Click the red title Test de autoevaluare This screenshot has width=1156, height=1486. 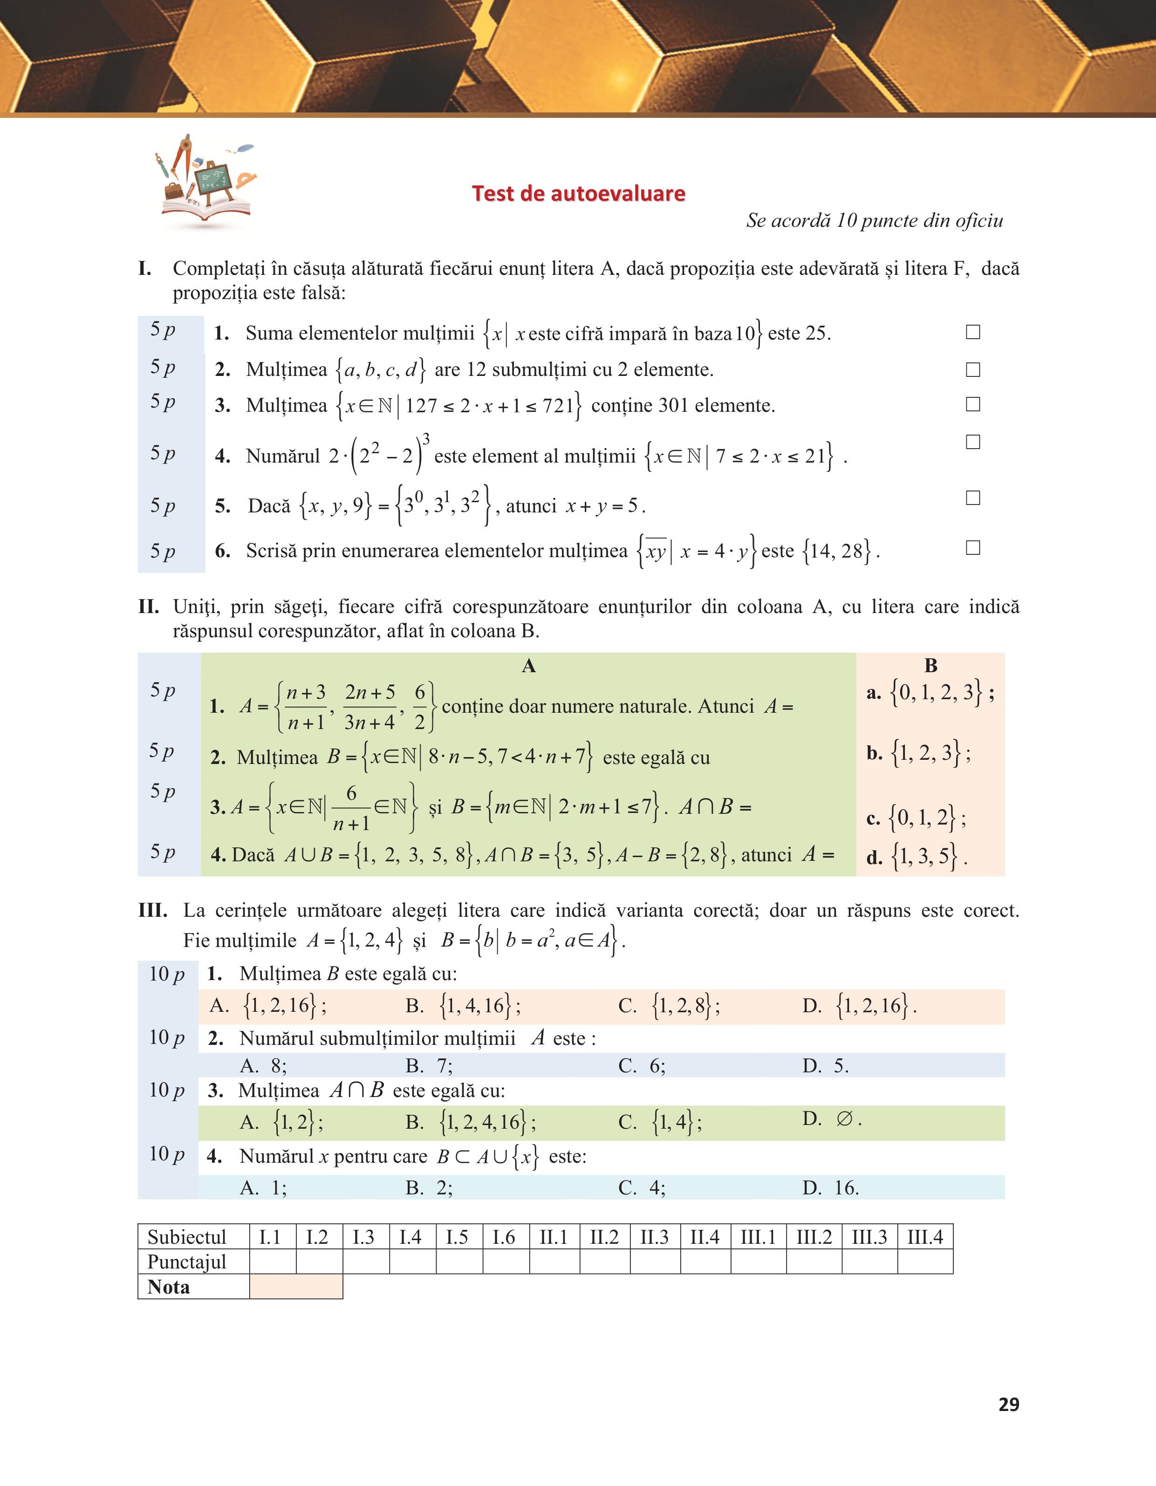tap(578, 194)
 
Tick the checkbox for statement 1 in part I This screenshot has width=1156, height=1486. tap(973, 332)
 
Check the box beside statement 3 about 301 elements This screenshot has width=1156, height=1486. tap(973, 404)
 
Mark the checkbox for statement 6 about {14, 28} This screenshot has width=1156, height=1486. tap(973, 548)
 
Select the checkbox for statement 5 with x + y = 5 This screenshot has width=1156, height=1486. tap(973, 498)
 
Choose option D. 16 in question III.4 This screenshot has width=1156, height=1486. tap(830, 1188)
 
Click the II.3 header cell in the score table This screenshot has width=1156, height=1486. tap(655, 1236)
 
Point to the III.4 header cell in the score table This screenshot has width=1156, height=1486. tap(925, 1236)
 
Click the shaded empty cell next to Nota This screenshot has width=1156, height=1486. tap(296, 1287)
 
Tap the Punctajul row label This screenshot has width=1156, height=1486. tap(186, 1261)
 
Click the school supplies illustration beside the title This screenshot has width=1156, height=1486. tap(207, 180)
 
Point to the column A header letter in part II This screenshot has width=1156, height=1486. tap(529, 666)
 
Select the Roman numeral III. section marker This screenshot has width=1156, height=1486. tap(153, 910)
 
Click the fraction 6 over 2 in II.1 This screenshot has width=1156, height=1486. tap(420, 708)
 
